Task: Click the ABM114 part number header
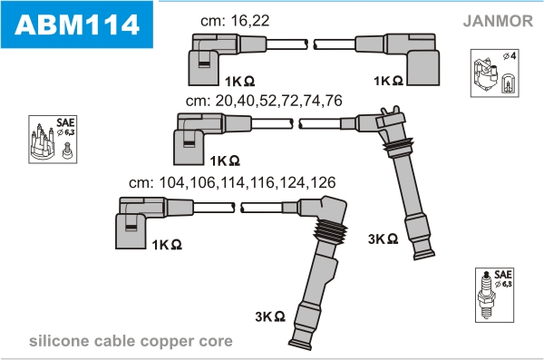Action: (x=77, y=24)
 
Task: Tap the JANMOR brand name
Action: (x=498, y=21)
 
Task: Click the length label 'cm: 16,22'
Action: (x=235, y=21)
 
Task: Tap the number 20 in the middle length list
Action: (x=224, y=101)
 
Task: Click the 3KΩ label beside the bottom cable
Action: (x=270, y=316)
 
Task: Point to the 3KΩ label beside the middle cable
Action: (x=383, y=238)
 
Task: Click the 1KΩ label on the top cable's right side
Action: (x=388, y=81)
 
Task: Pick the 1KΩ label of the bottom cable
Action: (x=167, y=245)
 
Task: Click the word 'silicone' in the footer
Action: (x=59, y=341)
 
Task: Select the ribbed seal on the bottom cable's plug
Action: (x=330, y=231)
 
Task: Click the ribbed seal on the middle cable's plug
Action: (x=399, y=148)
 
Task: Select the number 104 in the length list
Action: (x=171, y=182)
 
